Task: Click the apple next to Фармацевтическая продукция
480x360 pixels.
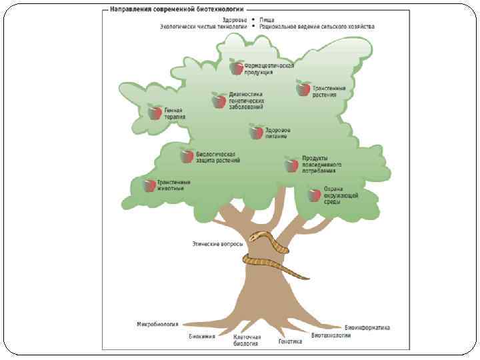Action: [237, 67]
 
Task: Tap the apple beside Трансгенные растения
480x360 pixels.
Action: [303, 88]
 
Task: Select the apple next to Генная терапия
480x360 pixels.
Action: [155, 112]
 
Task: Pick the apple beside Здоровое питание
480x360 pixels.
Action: [257, 131]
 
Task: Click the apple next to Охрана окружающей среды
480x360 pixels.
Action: [315, 194]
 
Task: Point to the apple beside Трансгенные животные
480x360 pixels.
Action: [149, 185]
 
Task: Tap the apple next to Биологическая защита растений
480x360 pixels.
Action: [187, 156]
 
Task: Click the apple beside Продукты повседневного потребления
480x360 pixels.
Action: [291, 164]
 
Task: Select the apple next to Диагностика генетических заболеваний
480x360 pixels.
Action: [219, 100]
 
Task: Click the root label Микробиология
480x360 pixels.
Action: [157, 324]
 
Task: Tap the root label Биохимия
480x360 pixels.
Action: [201, 336]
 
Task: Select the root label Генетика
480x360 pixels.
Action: [290, 341]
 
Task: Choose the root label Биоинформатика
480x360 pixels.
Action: [367, 328]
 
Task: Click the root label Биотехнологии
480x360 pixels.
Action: [331, 335]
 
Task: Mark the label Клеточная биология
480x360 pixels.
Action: [246, 341]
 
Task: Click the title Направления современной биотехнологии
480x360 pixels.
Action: [173, 11]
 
